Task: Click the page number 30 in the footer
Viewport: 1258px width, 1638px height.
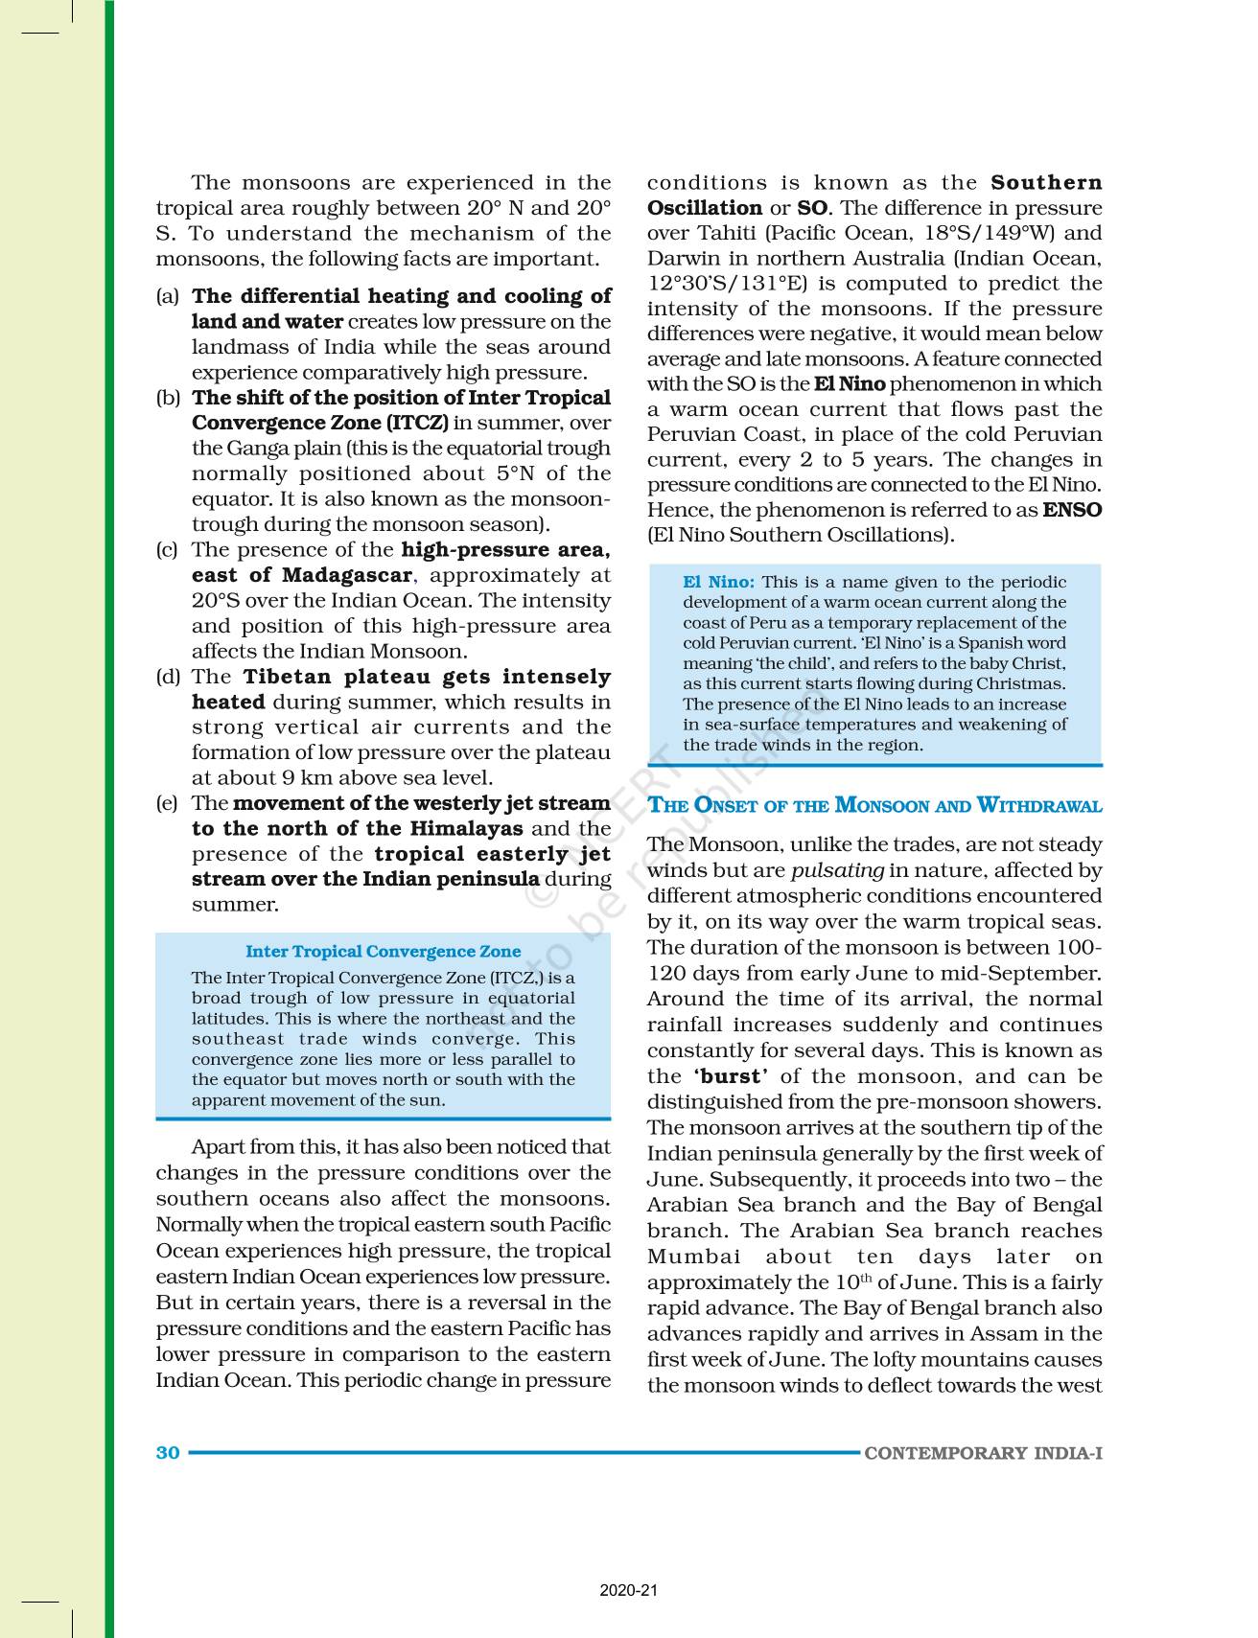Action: tap(168, 1452)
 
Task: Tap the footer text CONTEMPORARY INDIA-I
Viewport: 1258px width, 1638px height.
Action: tap(983, 1453)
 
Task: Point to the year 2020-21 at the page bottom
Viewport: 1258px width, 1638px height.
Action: tap(629, 1591)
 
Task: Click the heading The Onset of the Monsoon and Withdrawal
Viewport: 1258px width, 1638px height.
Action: tap(874, 805)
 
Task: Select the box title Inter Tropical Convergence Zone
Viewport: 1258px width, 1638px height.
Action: tap(383, 952)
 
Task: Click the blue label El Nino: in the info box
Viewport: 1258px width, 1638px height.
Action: tap(718, 582)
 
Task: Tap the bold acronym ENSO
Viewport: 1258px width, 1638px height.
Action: tap(1072, 510)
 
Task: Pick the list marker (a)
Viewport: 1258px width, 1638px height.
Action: tap(168, 296)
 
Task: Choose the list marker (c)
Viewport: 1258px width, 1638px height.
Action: tap(168, 550)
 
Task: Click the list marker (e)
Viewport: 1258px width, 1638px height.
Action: tap(168, 803)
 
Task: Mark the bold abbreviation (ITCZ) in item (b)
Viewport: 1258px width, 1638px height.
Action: tap(416, 423)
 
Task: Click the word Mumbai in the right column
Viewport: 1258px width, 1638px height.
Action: tap(693, 1257)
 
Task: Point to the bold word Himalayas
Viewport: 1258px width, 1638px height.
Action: tap(466, 828)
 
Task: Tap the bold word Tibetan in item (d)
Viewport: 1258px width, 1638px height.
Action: tap(289, 677)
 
